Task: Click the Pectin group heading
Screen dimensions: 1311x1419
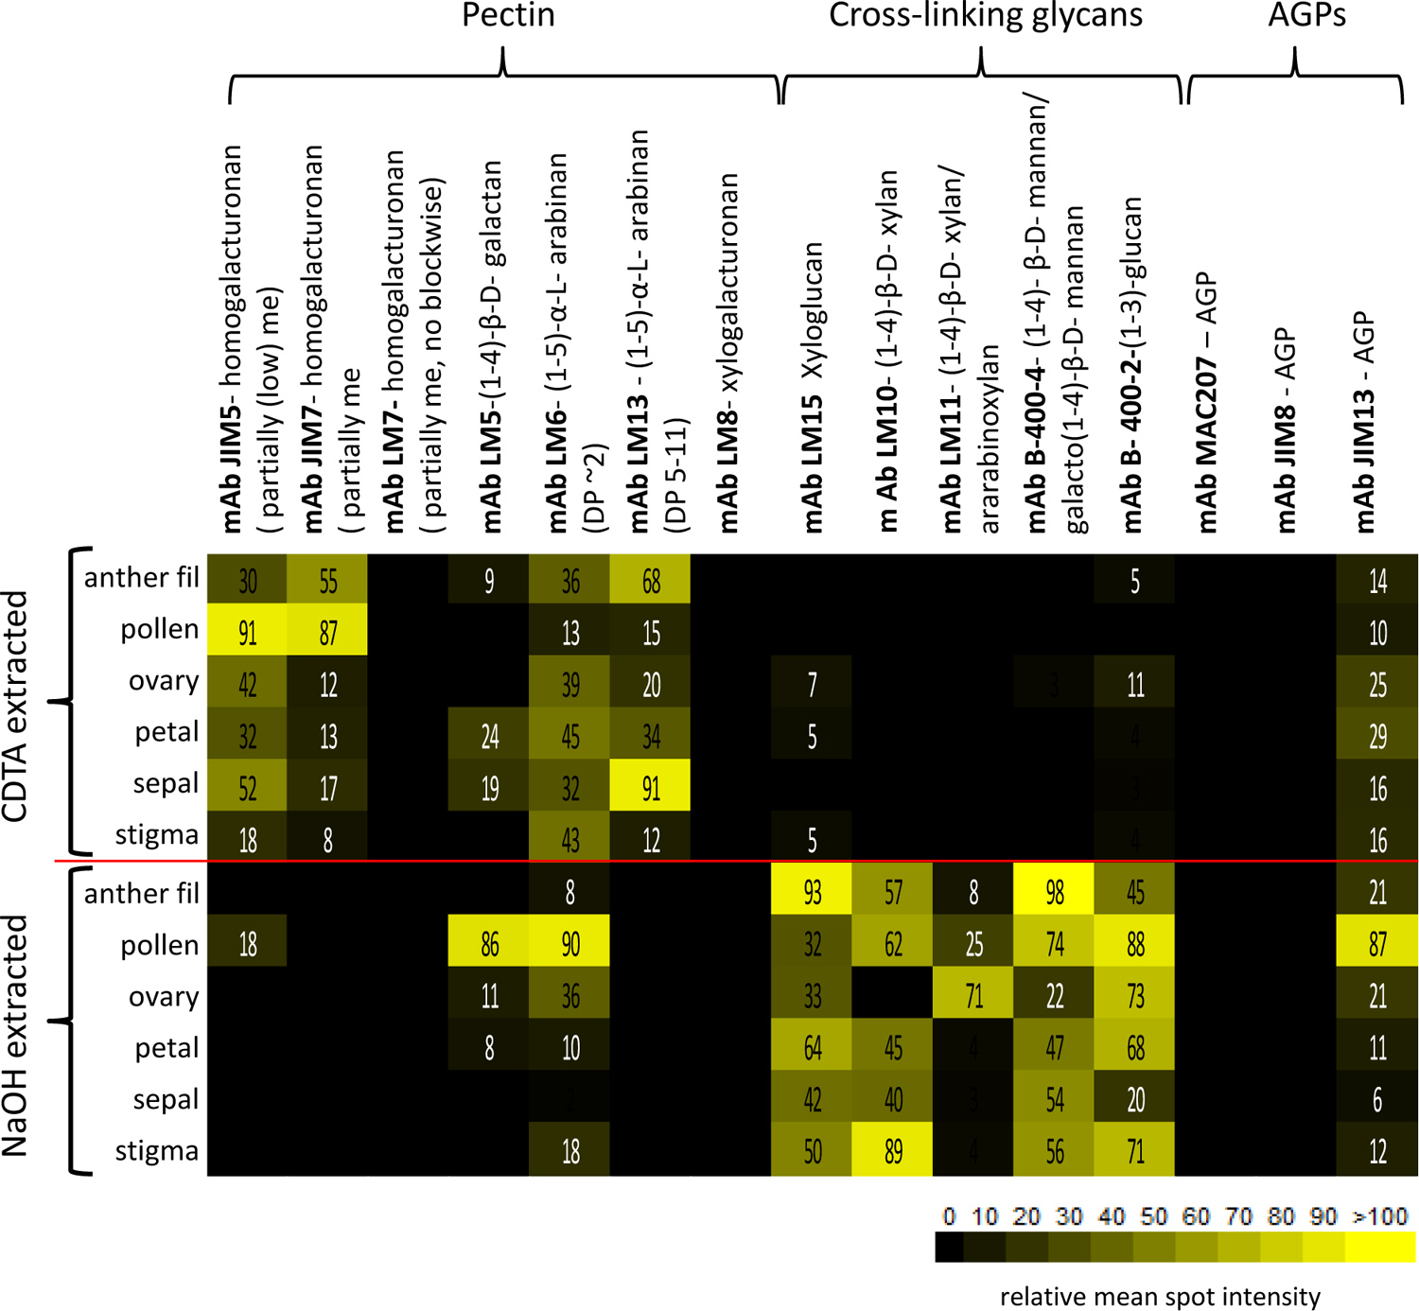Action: (508, 16)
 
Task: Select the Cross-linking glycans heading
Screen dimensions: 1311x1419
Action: (985, 16)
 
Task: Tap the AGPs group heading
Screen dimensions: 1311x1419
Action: (1306, 16)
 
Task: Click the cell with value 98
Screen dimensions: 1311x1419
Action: (1054, 892)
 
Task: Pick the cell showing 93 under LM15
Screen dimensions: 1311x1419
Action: (812, 892)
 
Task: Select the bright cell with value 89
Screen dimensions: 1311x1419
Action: (892, 1151)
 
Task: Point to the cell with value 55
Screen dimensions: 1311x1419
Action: (327, 580)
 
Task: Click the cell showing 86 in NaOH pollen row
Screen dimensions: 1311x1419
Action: (489, 944)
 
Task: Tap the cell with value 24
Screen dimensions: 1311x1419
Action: (489, 735)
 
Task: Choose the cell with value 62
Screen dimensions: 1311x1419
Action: (892, 944)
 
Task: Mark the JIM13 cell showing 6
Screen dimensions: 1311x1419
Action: (1377, 1099)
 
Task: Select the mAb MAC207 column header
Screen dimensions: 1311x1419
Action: (1206, 402)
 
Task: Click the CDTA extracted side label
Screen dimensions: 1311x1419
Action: (17, 705)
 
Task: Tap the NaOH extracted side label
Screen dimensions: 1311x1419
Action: (17, 1036)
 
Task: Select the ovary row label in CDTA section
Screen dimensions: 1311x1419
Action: (163, 681)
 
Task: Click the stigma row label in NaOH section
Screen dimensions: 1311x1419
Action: (156, 1151)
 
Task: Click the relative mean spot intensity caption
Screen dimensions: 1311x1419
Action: (1160, 1296)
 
